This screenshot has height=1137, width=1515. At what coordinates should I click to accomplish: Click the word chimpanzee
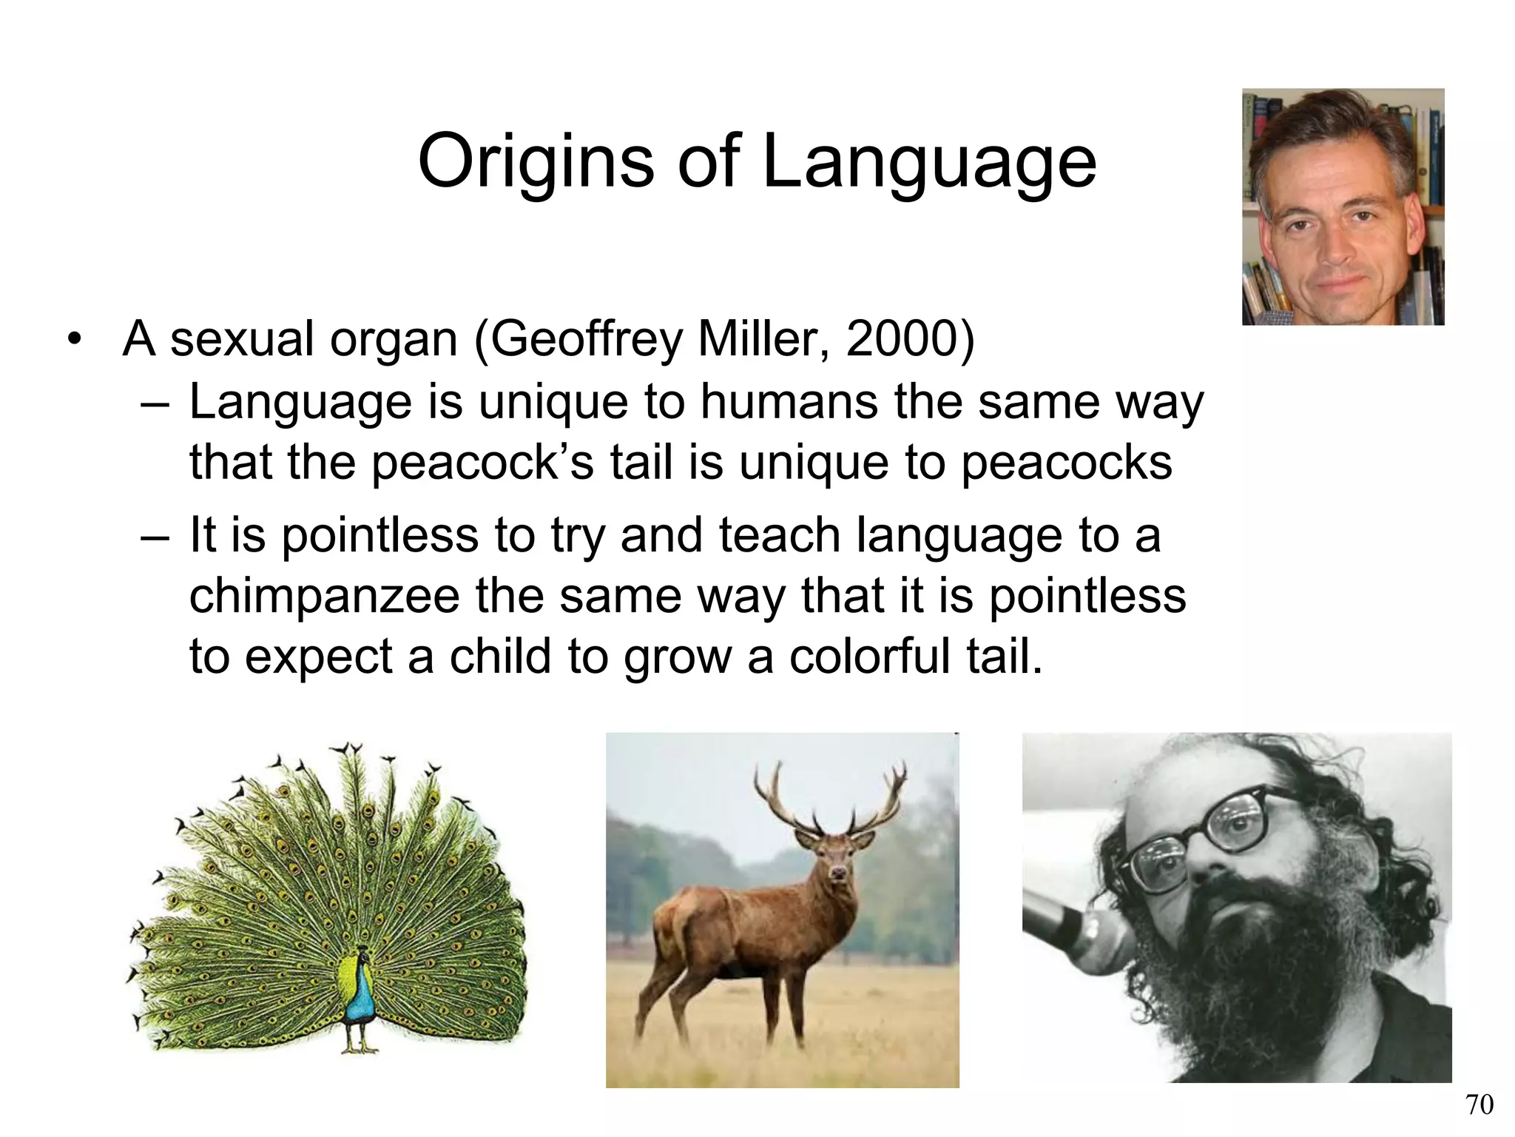[x=323, y=596]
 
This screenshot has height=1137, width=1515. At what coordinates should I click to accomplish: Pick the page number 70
[x=1479, y=1104]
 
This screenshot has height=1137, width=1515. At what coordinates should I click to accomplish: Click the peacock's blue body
[x=360, y=996]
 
